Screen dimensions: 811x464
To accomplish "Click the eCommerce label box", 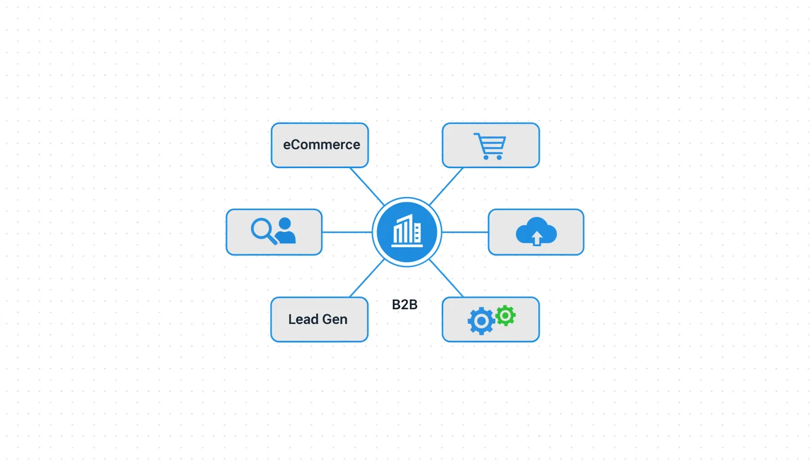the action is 320,145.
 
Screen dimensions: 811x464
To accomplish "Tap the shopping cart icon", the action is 490,146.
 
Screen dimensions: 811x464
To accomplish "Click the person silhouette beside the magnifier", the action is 285,230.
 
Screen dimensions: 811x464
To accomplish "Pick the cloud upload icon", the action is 536,231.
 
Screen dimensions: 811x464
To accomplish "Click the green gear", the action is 506,315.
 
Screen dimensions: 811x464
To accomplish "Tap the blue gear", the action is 481,321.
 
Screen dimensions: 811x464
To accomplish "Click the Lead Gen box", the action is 319,320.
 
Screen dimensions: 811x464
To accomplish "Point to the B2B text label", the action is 405,304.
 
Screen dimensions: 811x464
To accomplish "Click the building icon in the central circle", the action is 407,231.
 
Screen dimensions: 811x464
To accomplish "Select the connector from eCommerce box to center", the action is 367,186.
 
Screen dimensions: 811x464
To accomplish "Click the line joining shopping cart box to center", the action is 446,186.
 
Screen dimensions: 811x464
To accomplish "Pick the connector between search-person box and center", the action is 347,232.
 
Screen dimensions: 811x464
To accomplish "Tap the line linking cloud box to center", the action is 465,232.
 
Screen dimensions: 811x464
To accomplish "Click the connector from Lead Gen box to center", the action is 367,279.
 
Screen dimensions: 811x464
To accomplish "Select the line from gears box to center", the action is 446,279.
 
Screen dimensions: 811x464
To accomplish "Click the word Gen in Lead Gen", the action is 335,320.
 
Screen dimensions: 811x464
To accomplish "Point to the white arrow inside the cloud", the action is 536,238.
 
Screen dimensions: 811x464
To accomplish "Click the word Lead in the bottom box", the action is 304,320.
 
